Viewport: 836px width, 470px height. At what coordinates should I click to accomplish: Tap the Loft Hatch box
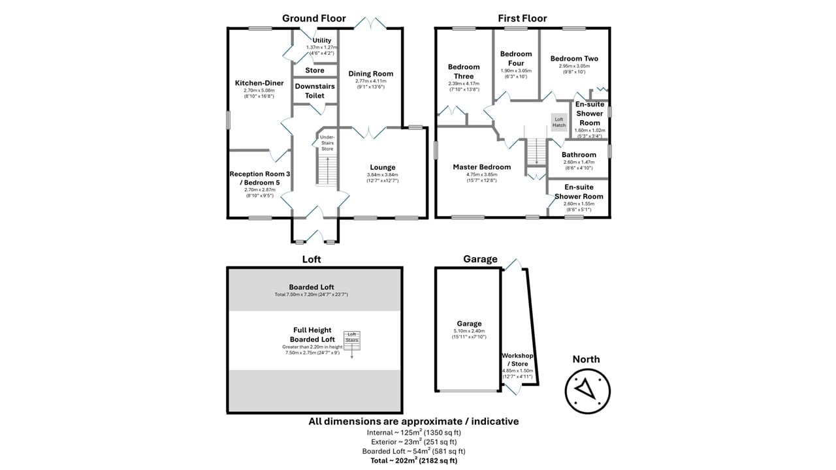coord(558,122)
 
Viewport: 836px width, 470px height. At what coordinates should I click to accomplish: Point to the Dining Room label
coord(370,74)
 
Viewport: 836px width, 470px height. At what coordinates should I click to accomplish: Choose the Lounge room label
coord(382,167)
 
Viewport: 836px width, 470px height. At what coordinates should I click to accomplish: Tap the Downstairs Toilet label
coord(314,91)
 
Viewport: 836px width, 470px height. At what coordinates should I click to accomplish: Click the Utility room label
coord(322,40)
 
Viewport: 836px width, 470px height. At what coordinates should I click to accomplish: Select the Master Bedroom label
coord(482,167)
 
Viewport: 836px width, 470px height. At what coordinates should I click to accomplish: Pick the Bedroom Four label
coord(516,58)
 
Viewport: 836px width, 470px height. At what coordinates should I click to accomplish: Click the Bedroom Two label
coord(574,58)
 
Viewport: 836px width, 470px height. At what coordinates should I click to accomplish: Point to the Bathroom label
coord(579,155)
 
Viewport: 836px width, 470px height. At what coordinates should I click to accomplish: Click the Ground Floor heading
coord(314,18)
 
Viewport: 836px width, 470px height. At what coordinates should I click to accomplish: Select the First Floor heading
coord(522,18)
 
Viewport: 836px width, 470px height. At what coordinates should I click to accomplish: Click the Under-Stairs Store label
coord(327,143)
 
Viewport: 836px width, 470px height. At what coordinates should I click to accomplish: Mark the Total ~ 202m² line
coord(413,461)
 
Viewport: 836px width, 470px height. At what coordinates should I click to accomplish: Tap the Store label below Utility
coord(314,70)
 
